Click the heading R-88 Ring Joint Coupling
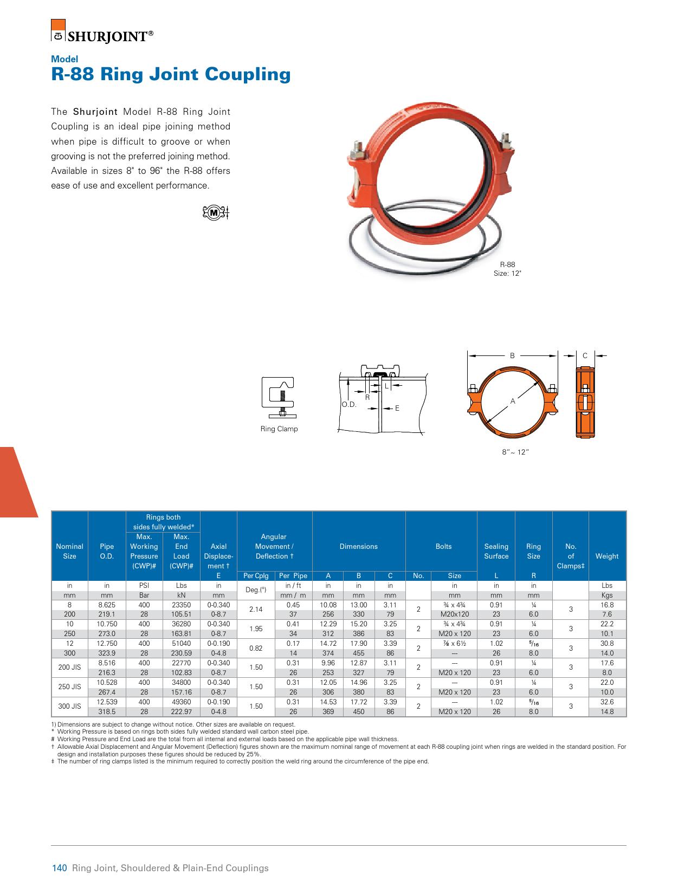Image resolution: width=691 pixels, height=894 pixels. pyautogui.click(x=171, y=74)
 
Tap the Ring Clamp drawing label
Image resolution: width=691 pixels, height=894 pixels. pyautogui.click(x=279, y=429)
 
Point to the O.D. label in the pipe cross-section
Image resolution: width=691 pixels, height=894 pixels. pyautogui.click(x=348, y=405)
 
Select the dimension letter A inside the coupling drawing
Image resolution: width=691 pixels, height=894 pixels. pyautogui.click(x=512, y=401)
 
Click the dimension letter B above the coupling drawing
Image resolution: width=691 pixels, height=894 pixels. pyautogui.click(x=512, y=356)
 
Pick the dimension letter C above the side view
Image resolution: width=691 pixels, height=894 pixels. pyautogui.click(x=585, y=356)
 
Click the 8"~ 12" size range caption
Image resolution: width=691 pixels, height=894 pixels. pyautogui.click(x=515, y=451)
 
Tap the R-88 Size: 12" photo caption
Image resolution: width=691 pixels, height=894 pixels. pyautogui.click(x=507, y=269)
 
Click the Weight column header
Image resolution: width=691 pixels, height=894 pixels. pyautogui.click(x=606, y=556)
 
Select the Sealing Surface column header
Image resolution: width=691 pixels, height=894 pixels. pyautogui.click(x=496, y=551)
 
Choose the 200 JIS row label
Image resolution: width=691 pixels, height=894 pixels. pyautogui.click(x=69, y=668)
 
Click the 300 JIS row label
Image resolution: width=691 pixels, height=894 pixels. pyautogui.click(x=69, y=707)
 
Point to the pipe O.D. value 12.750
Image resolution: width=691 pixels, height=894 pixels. pyautogui.click(x=107, y=644)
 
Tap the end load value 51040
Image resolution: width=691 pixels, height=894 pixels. pyautogui.click(x=181, y=644)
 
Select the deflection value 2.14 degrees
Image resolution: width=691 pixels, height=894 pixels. pyautogui.click(x=255, y=610)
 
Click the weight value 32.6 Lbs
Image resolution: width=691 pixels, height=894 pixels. pyautogui.click(x=607, y=702)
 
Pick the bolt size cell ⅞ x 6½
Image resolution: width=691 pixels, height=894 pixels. pyautogui.click(x=454, y=644)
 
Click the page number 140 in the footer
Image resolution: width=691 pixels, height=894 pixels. pyautogui.click(x=59, y=869)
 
